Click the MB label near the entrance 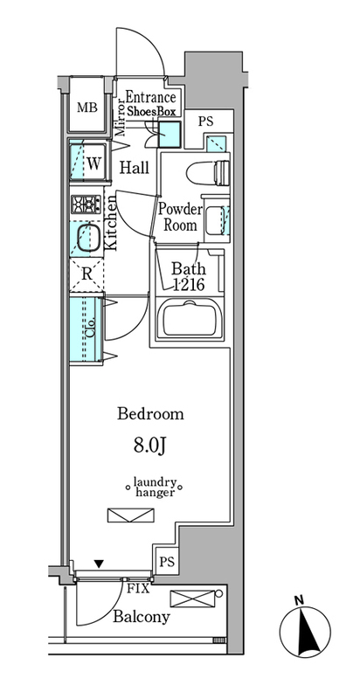[x=87, y=107]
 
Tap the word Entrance [x=150, y=97]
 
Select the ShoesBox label [x=152, y=113]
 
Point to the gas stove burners [x=86, y=204]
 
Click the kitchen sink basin [x=87, y=238]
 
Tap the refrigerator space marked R [x=87, y=274]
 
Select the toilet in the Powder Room [x=209, y=173]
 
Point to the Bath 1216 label [x=189, y=277]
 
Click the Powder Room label [x=181, y=217]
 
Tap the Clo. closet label [x=88, y=329]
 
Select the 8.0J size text [x=150, y=446]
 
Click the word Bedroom [x=150, y=414]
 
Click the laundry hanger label [x=155, y=488]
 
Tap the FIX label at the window [x=138, y=588]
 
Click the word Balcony [x=142, y=617]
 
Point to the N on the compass [x=299, y=600]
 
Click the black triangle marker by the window [x=99, y=564]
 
